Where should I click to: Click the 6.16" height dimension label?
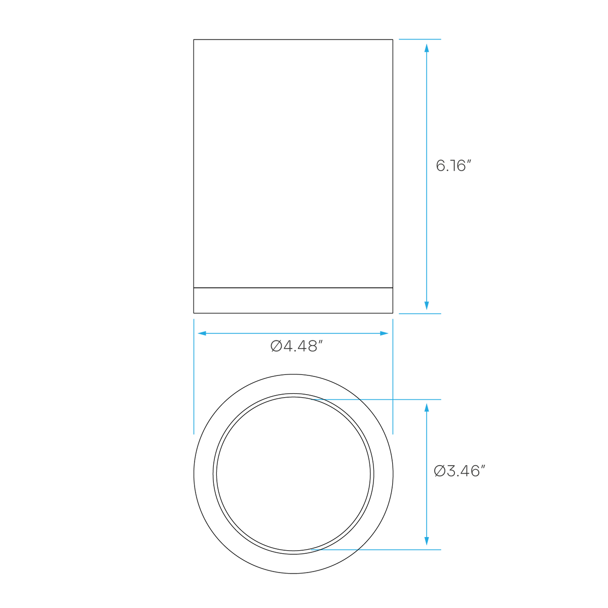pos(453,166)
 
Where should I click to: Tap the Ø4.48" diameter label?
pos(296,347)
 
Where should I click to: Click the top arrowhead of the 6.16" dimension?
pos(427,48)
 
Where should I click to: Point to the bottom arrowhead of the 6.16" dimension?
pos(427,306)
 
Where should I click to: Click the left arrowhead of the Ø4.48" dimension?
pos(202,333)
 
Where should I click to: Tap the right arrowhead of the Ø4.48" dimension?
pos(384,333)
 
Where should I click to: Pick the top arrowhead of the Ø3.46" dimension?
pos(427,408)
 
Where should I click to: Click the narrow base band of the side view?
pos(293,300)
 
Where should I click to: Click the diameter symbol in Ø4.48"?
pos(276,347)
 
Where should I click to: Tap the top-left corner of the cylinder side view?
pos(194,40)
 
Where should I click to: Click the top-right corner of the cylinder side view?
pos(393,40)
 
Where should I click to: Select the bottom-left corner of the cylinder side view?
pos(194,313)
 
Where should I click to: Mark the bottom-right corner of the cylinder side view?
pos(393,313)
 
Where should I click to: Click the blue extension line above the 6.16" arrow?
pos(420,39)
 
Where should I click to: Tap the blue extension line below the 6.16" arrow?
pos(420,314)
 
